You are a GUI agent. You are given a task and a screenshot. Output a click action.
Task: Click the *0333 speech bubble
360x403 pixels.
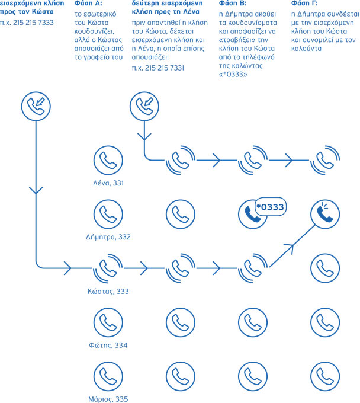pyautogui.click(x=271, y=207)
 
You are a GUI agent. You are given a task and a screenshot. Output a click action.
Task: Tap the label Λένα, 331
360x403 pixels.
pyautogui.click(x=108, y=183)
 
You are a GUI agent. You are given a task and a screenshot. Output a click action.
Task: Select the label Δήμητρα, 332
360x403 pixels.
pyautogui.click(x=108, y=236)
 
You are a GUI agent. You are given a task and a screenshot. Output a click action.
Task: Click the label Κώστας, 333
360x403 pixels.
pyautogui.click(x=108, y=291)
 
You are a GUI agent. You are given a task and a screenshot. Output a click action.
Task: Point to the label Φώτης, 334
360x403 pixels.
pyautogui.click(x=108, y=345)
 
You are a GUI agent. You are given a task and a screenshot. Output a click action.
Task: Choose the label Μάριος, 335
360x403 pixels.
pyautogui.click(x=108, y=399)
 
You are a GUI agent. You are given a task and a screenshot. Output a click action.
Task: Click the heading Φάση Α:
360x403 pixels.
pyautogui.click(x=88, y=4)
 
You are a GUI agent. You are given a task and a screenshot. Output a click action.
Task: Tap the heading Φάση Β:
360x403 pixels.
pyautogui.click(x=233, y=4)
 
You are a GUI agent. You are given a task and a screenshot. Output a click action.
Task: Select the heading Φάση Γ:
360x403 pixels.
pyautogui.click(x=304, y=4)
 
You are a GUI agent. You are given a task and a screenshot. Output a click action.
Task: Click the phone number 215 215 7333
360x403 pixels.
pyautogui.click(x=33, y=23)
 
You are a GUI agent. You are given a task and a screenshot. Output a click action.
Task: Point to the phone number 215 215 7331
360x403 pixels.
pyautogui.click(x=165, y=68)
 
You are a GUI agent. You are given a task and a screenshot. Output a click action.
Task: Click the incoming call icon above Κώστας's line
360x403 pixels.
pyautogui.click(x=36, y=106)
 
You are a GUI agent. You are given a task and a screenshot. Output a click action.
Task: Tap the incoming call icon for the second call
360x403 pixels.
pyautogui.click(x=144, y=106)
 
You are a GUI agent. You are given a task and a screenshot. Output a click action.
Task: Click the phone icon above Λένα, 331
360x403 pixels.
pyautogui.click(x=108, y=160)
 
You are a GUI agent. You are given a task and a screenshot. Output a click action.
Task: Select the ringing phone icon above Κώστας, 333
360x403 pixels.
pyautogui.click(x=108, y=268)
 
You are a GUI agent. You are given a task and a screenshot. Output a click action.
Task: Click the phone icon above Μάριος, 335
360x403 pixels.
pyautogui.click(x=108, y=376)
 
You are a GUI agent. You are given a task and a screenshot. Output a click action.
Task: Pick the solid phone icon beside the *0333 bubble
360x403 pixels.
pyautogui.click(x=252, y=215)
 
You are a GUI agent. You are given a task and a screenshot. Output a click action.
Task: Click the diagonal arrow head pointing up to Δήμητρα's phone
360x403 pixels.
pyautogui.click(x=289, y=248)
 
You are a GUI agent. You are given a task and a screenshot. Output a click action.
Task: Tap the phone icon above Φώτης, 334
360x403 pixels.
pyautogui.click(x=108, y=322)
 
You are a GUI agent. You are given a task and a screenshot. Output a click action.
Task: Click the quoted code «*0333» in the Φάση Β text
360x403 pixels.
pyautogui.click(x=233, y=75)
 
